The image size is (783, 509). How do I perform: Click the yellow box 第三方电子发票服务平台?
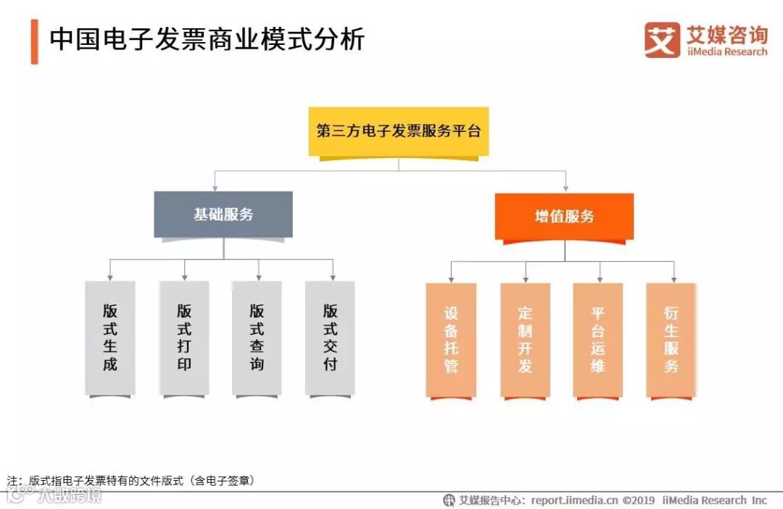pos(398,131)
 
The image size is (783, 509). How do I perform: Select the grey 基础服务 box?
pos(223,214)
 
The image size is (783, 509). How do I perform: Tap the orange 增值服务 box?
pos(564,216)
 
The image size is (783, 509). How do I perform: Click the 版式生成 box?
pos(109,338)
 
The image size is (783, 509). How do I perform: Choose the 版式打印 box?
pos(184,338)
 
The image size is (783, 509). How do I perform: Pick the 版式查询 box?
pos(257,338)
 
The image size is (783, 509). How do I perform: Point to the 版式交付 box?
pos(330,338)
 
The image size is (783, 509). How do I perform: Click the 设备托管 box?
pos(451,339)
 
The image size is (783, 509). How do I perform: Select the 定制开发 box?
pos(525,339)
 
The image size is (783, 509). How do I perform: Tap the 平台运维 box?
pos(597,339)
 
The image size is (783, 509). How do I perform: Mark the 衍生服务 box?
pos(671,339)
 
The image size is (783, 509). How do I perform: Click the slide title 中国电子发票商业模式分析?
pos(207,40)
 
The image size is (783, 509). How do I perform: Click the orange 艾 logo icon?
pos(662,40)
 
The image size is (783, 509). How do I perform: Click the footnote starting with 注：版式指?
pos(130,480)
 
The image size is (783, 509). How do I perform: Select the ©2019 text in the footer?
pos(639,500)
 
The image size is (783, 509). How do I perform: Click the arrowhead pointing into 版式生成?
pos(109,277)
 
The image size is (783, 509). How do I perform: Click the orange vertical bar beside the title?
pos(34,41)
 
